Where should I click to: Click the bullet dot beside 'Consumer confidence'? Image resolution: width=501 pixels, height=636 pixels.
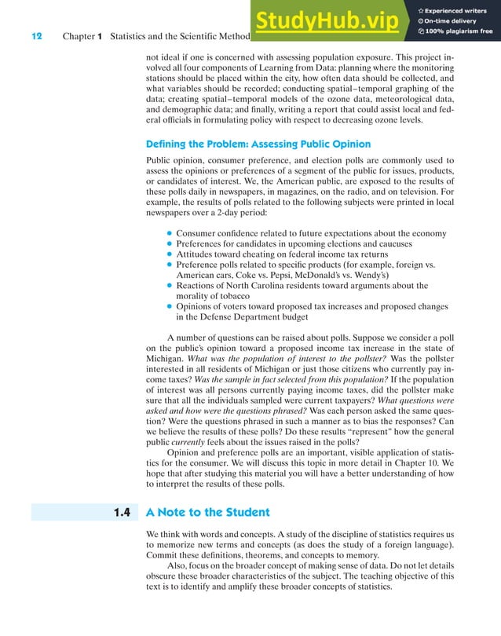[x=170, y=233]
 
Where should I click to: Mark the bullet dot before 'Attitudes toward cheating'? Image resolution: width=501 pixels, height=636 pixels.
[x=170, y=254]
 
